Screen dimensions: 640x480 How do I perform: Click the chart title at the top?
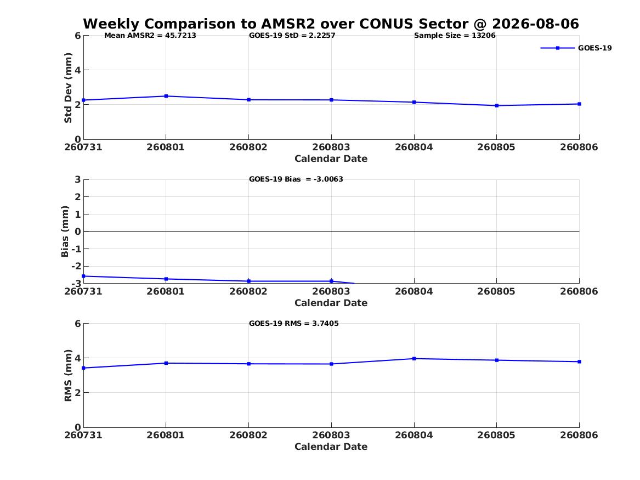(x=331, y=24)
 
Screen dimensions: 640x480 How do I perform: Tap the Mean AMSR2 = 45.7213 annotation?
(x=150, y=36)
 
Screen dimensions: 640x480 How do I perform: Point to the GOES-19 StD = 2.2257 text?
(x=292, y=36)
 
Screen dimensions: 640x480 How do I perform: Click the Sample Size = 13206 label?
(x=455, y=36)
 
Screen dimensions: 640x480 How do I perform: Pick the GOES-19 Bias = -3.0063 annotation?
(x=296, y=179)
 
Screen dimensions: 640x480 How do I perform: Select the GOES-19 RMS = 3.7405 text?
(x=294, y=323)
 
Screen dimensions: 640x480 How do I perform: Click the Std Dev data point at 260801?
(x=166, y=97)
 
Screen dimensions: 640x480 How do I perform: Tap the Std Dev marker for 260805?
(x=497, y=106)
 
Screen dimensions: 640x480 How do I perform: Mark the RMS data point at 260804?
(x=414, y=359)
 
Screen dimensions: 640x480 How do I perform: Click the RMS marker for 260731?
(x=84, y=368)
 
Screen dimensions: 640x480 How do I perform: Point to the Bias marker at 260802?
(x=249, y=281)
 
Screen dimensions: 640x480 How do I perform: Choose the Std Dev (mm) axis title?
(x=68, y=88)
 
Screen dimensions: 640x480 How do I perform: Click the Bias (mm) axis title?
(x=65, y=231)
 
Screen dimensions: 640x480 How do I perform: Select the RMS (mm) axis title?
(x=68, y=376)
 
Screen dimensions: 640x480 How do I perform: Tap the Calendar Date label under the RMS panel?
(x=331, y=447)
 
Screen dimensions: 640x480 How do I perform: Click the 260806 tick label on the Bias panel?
(x=579, y=291)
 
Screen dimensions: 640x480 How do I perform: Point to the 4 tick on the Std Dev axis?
(x=77, y=70)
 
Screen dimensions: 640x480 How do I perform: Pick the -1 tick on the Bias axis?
(x=76, y=249)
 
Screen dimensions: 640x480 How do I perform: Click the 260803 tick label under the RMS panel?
(x=331, y=435)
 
